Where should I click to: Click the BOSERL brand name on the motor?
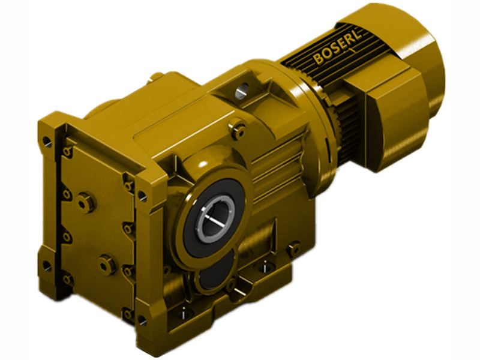pos(337,53)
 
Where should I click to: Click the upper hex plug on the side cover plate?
pos(88,203)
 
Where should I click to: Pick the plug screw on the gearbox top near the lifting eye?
pos(239,127)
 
